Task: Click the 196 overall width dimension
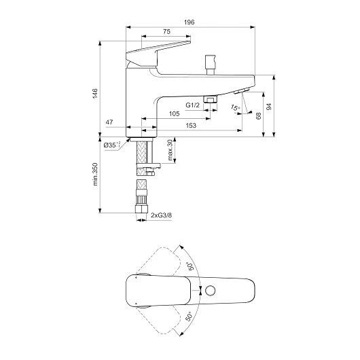(x=190, y=22)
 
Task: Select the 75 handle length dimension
(x=167, y=32)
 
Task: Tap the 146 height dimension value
(x=95, y=94)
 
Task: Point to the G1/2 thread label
(x=193, y=105)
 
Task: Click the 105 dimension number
(x=175, y=114)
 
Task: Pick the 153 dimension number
(x=191, y=126)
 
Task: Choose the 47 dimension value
(x=109, y=122)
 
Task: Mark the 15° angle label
(x=235, y=107)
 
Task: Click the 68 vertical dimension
(x=259, y=116)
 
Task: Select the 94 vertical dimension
(x=269, y=107)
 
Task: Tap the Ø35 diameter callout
(x=112, y=145)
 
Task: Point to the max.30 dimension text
(x=170, y=149)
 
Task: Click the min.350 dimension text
(x=95, y=175)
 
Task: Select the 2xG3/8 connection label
(x=161, y=215)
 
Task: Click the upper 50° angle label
(x=191, y=266)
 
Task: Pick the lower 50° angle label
(x=189, y=317)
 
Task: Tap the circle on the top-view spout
(x=210, y=291)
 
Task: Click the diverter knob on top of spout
(x=211, y=65)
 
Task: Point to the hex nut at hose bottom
(x=141, y=209)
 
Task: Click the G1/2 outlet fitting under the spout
(x=211, y=99)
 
